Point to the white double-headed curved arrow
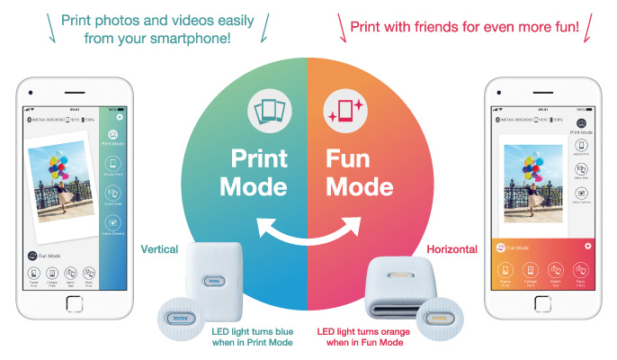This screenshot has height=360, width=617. pos(308,228)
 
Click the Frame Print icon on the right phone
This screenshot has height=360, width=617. pos(505,271)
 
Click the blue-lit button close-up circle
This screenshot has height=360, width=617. pos(179,317)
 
